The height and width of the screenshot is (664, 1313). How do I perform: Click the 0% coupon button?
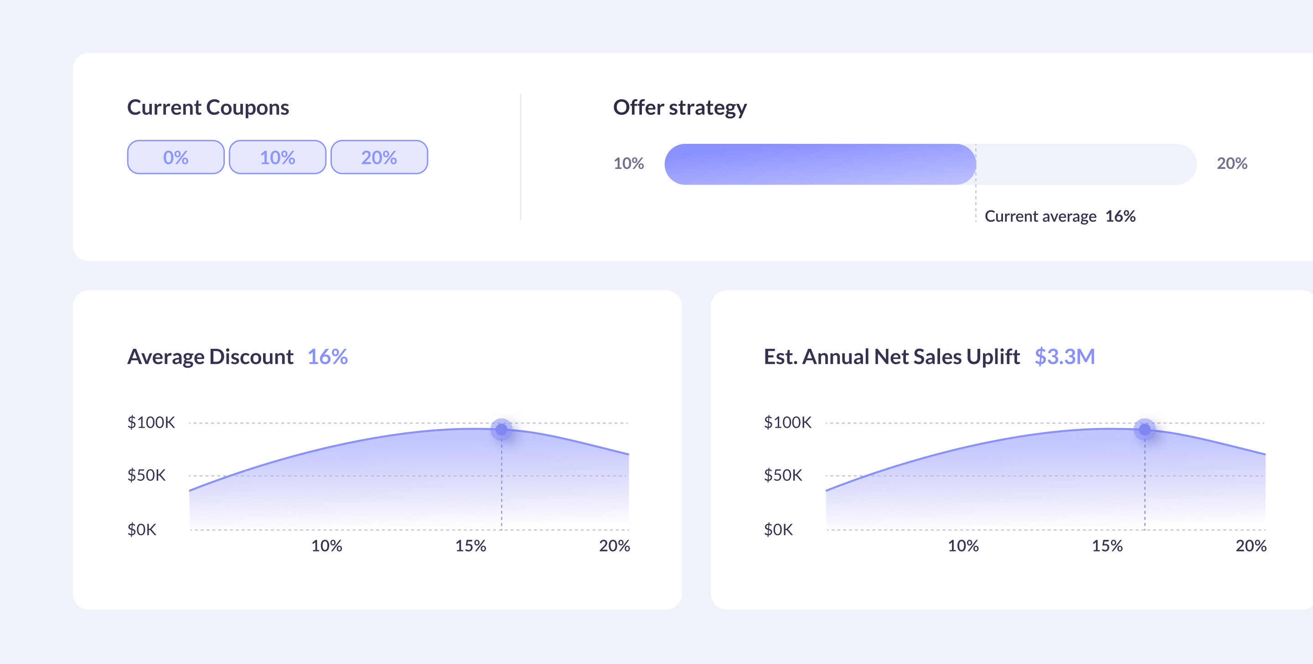pyautogui.click(x=176, y=157)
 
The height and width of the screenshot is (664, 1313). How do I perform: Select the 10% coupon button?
pyautogui.click(x=277, y=157)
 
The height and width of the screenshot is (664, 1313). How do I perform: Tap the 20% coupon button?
pyautogui.click(x=379, y=157)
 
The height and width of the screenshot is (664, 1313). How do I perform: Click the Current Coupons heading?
pyautogui.click(x=208, y=107)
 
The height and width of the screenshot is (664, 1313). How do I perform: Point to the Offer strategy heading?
pyautogui.click(x=679, y=107)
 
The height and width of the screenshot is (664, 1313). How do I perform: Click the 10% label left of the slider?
pyautogui.click(x=629, y=163)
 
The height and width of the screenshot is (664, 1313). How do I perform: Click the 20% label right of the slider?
pyautogui.click(x=1231, y=163)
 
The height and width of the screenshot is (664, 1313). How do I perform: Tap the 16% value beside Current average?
pyautogui.click(x=1120, y=216)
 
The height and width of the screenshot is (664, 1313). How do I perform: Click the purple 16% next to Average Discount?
pyautogui.click(x=327, y=357)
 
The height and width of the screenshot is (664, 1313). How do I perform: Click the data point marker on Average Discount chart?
pyautogui.click(x=501, y=430)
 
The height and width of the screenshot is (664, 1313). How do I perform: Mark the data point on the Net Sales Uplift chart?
pyautogui.click(x=1144, y=430)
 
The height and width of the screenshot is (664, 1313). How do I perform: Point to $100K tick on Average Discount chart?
pyautogui.click(x=151, y=423)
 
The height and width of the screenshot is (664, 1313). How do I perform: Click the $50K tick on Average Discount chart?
pyautogui.click(x=146, y=475)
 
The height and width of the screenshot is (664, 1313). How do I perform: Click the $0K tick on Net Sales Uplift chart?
pyautogui.click(x=778, y=530)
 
